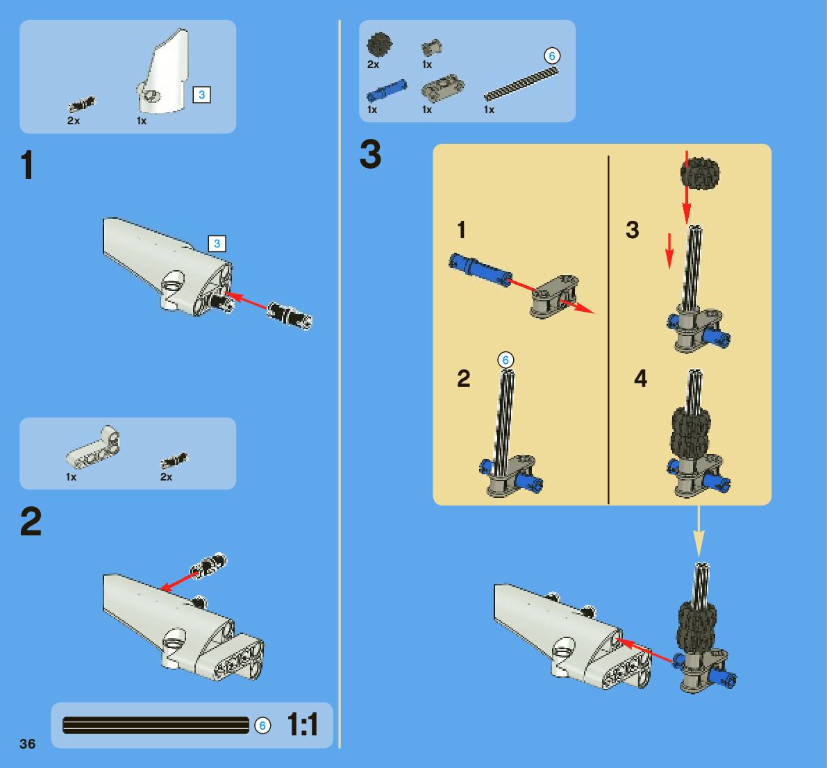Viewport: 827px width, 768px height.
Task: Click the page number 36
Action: click(x=28, y=744)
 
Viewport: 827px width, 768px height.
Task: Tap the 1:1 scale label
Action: click(x=303, y=726)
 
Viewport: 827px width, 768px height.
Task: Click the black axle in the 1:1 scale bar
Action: click(x=156, y=726)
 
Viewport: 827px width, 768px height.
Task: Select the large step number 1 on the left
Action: click(x=27, y=166)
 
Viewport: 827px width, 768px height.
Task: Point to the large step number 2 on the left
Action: click(x=31, y=522)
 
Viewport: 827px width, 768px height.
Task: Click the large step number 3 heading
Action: click(x=371, y=155)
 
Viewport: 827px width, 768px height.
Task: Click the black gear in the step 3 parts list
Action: click(x=379, y=45)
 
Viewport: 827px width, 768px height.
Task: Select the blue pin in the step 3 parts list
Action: click(x=386, y=90)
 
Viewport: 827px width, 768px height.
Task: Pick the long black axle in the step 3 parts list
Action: click(x=521, y=83)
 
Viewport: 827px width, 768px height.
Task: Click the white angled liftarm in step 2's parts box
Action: click(x=93, y=447)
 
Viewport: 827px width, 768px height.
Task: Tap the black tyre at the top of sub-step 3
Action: click(x=700, y=174)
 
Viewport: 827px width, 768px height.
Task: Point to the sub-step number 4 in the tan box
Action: click(x=640, y=378)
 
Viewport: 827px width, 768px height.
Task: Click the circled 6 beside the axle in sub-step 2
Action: click(x=506, y=360)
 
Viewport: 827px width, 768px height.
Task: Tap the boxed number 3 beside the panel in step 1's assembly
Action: click(x=217, y=244)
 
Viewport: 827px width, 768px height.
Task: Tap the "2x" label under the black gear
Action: click(x=374, y=65)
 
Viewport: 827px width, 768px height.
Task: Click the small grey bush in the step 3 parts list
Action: click(x=432, y=48)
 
